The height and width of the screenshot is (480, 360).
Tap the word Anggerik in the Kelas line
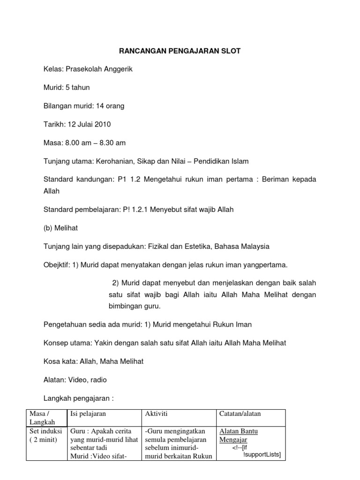pos(118,69)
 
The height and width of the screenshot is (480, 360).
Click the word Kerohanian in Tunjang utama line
pos(114,161)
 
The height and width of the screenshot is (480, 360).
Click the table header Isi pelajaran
pos(88,413)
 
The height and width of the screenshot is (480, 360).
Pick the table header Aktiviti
pos(157,413)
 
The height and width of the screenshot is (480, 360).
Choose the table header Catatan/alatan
pos(240,413)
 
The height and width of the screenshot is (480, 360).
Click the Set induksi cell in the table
pos(45,435)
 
